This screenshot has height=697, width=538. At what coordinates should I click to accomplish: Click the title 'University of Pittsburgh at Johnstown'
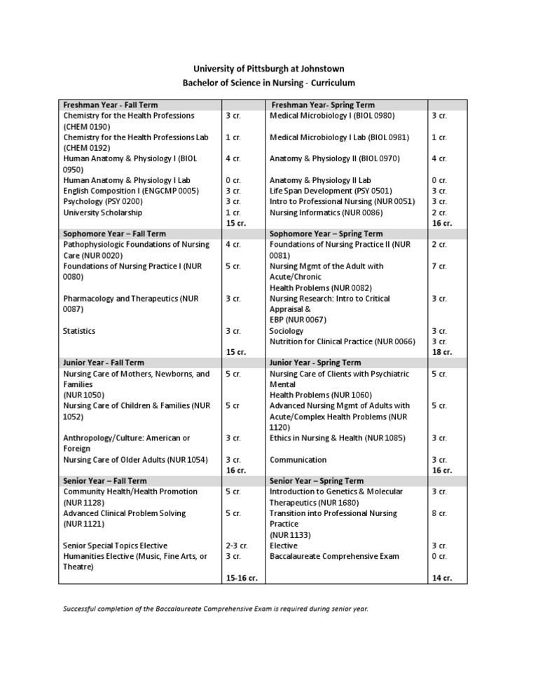pyautogui.click(x=269, y=69)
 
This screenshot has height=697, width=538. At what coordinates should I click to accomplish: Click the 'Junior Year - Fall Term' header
pyautogui.click(x=103, y=363)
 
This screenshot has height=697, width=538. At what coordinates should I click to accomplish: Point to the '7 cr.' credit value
pyautogui.click(x=439, y=266)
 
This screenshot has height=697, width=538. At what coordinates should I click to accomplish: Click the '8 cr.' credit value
pyautogui.click(x=439, y=513)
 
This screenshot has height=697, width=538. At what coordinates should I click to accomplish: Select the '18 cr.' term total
pyautogui.click(x=441, y=352)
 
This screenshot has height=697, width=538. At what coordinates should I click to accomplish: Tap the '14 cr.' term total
pyautogui.click(x=441, y=578)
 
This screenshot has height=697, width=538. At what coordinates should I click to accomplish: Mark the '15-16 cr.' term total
pyautogui.click(x=242, y=578)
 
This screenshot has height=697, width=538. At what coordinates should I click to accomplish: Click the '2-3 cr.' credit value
pyautogui.click(x=237, y=546)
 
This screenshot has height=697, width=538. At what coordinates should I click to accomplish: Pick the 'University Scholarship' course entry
pyautogui.click(x=102, y=212)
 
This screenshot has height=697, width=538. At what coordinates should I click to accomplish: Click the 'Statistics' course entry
pyautogui.click(x=79, y=331)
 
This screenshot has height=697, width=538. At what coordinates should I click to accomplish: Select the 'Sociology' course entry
pyautogui.click(x=287, y=331)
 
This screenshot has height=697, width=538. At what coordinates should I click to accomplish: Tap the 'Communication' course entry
pyautogui.click(x=298, y=460)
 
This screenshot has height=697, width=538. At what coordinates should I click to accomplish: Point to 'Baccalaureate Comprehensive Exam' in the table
pyautogui.click(x=334, y=556)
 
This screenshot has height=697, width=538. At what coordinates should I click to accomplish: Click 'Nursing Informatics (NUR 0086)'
pyautogui.click(x=326, y=212)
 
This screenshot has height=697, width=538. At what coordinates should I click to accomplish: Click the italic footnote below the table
pyautogui.click(x=215, y=609)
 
